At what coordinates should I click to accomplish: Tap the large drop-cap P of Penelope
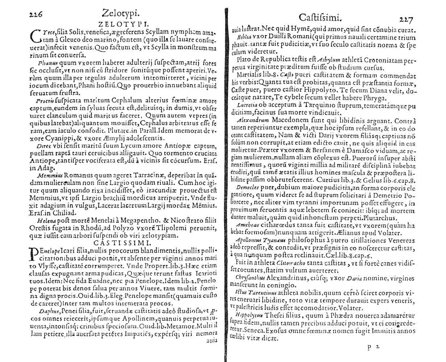point(33,253)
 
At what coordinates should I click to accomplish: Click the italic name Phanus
point(45,63)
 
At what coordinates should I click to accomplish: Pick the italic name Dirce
point(44,146)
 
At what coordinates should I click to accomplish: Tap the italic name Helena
point(46,220)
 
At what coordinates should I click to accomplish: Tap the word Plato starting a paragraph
point(242,60)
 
